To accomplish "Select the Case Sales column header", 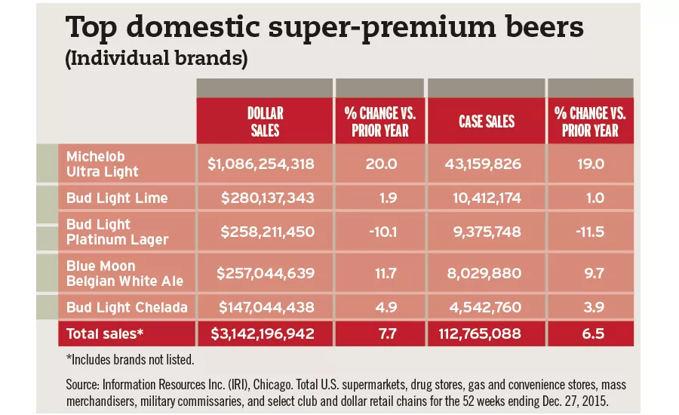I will [487, 121].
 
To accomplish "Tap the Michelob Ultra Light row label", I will [103, 164].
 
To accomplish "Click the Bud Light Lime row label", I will [117, 198].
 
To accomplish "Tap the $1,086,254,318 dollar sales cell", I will [260, 163].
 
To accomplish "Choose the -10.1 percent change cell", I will [382, 232].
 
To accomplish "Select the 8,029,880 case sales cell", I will [487, 273].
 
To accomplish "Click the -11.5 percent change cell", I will [591, 232].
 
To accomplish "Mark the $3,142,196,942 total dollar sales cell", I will [260, 334].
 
